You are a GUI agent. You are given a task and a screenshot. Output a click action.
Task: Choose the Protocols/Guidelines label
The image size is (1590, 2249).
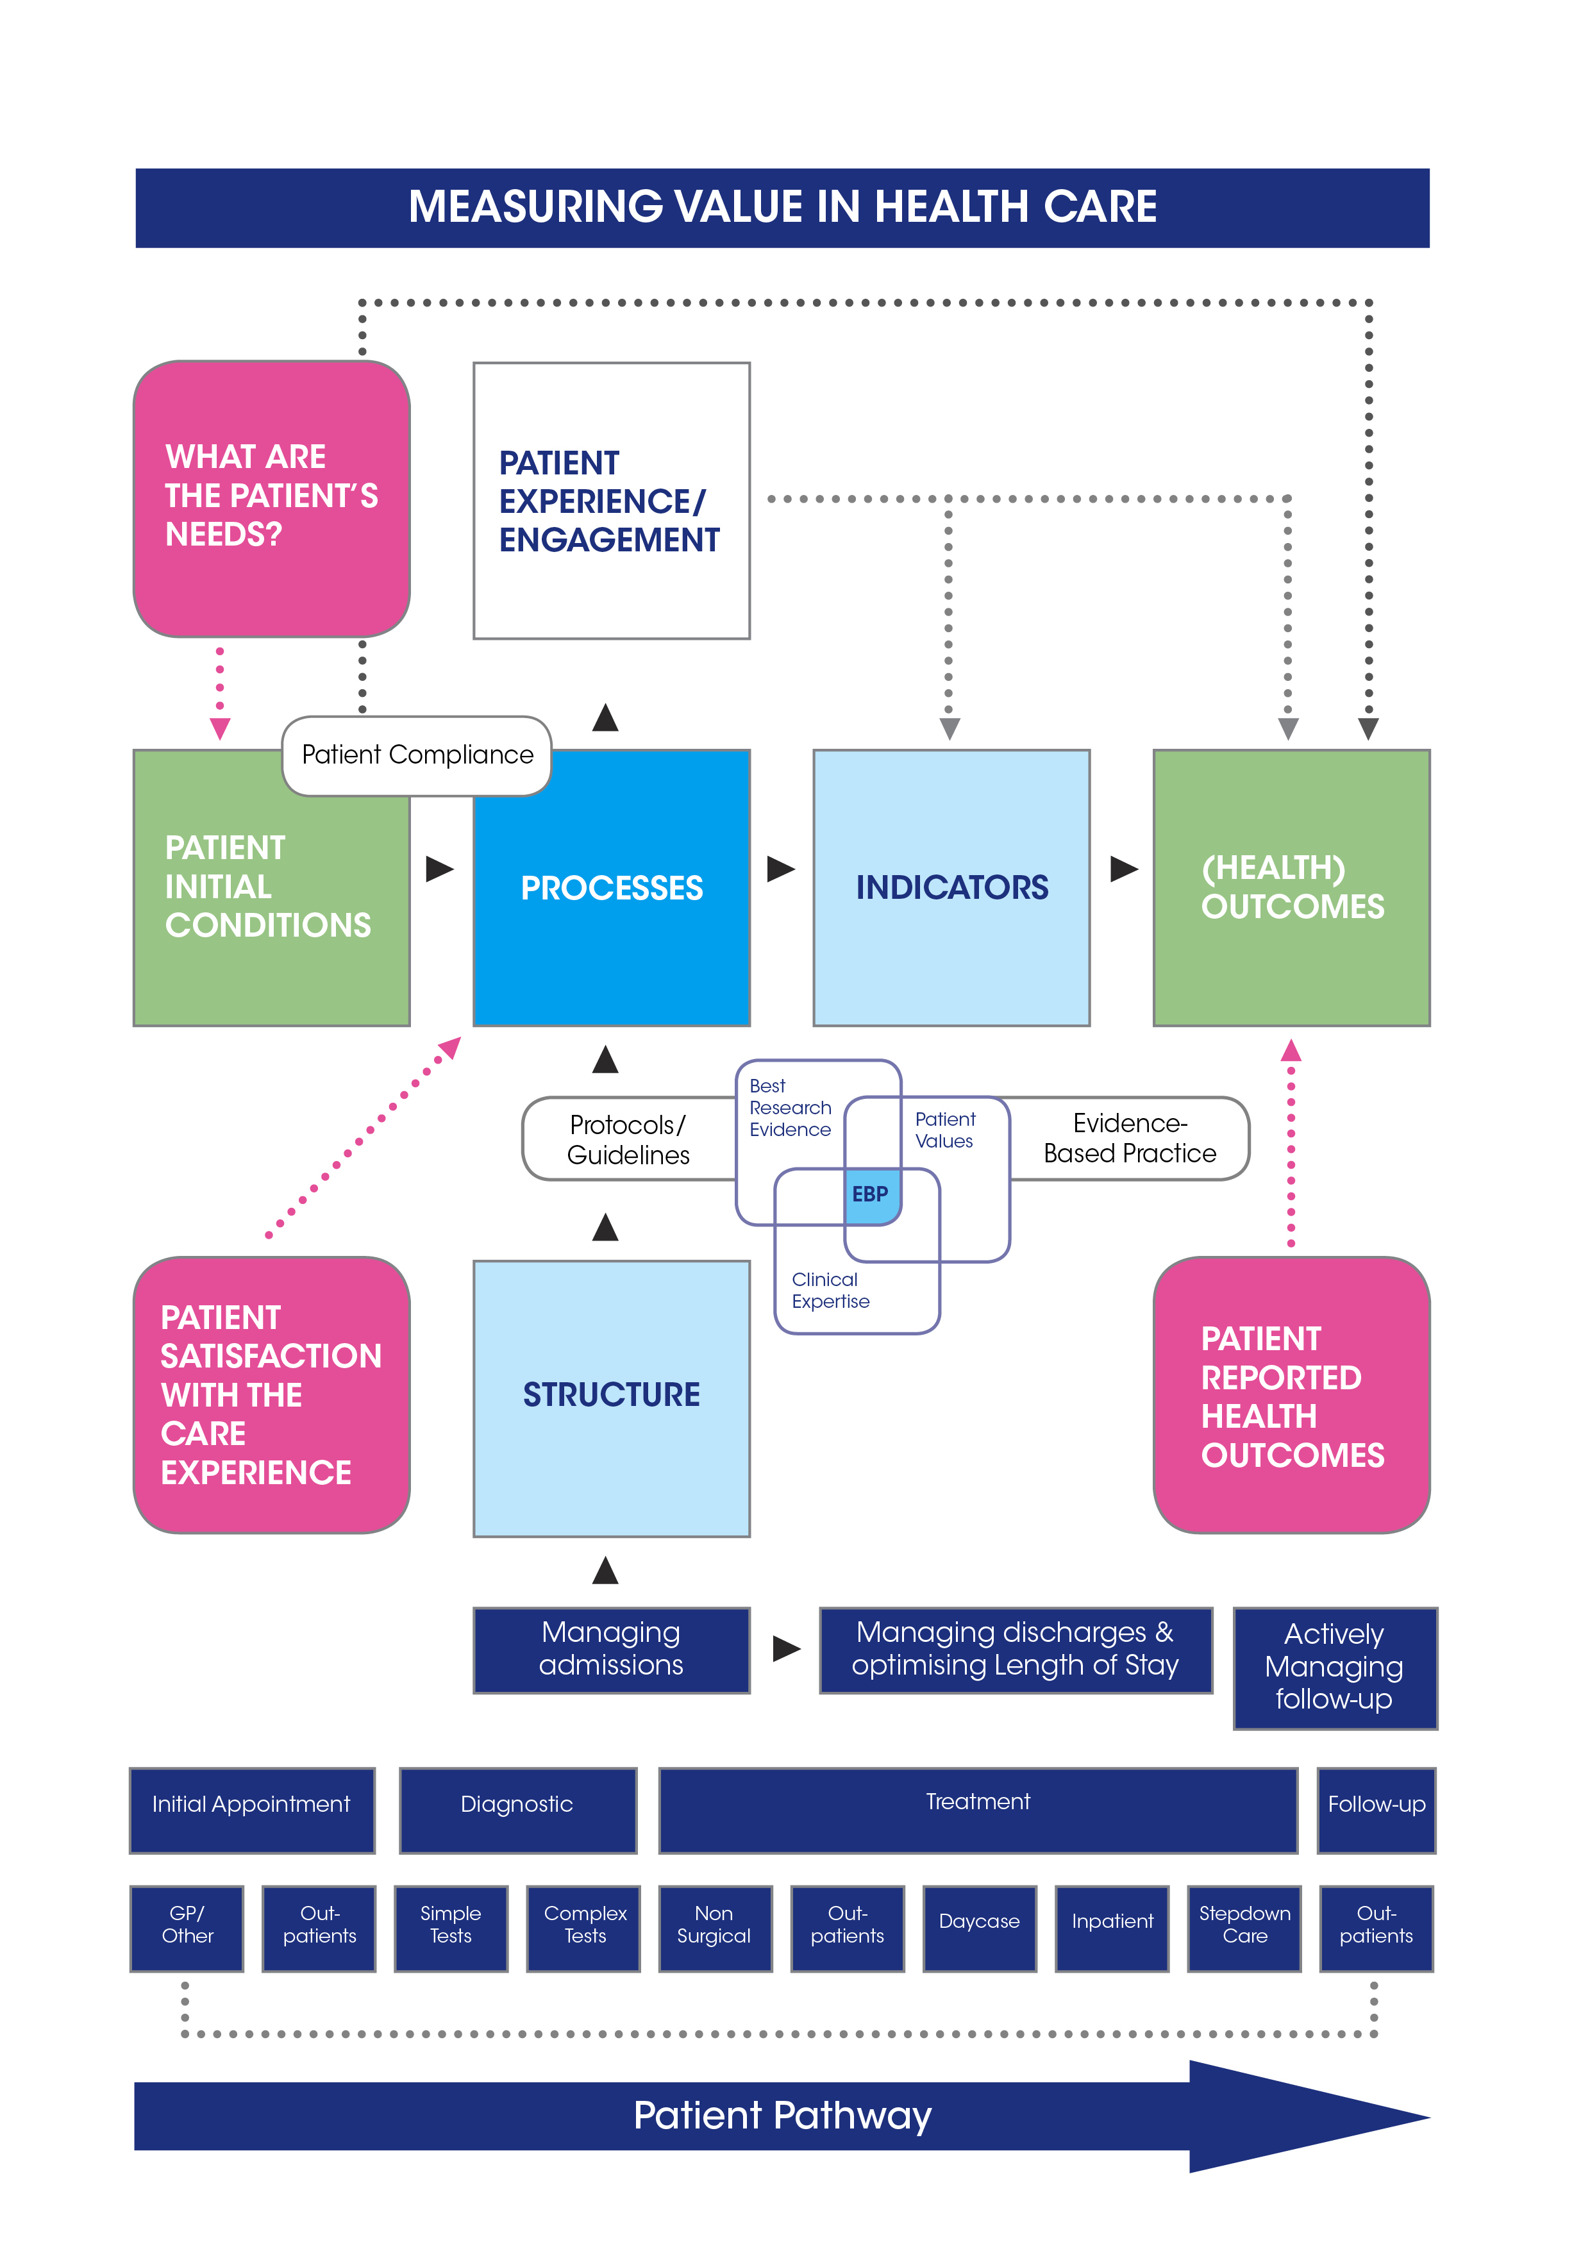coord(628,1139)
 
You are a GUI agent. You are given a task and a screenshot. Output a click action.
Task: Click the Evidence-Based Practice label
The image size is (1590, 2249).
coord(1130,1138)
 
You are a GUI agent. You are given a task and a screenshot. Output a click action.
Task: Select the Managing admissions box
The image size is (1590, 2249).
coord(611,1650)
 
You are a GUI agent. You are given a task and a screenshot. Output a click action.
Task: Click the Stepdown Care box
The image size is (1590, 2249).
coord(1244,1927)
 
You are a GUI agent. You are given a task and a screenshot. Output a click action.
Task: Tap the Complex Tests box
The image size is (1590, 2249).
coord(584,1927)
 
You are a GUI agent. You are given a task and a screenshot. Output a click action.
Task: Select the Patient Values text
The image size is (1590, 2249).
coord(944,1130)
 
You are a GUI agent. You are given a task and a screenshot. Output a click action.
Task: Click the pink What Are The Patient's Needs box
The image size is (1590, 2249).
coord(271,499)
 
